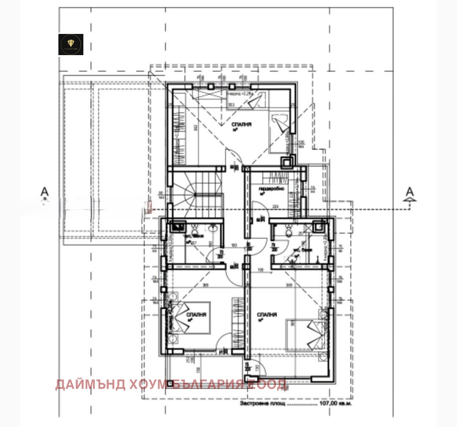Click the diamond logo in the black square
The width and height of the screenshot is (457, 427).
(71, 44)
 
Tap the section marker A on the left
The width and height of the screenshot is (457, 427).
(44, 192)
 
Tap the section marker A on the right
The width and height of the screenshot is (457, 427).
(409, 192)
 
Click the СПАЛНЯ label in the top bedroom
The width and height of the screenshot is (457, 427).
(242, 124)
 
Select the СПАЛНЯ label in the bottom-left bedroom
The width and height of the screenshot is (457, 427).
(196, 315)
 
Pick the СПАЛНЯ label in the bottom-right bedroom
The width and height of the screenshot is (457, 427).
(267, 315)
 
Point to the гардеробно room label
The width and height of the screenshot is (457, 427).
(271, 189)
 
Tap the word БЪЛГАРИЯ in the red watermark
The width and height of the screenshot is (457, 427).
(207, 385)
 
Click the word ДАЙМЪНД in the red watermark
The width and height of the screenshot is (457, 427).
(90, 385)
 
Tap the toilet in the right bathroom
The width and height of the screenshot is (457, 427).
(289, 231)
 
